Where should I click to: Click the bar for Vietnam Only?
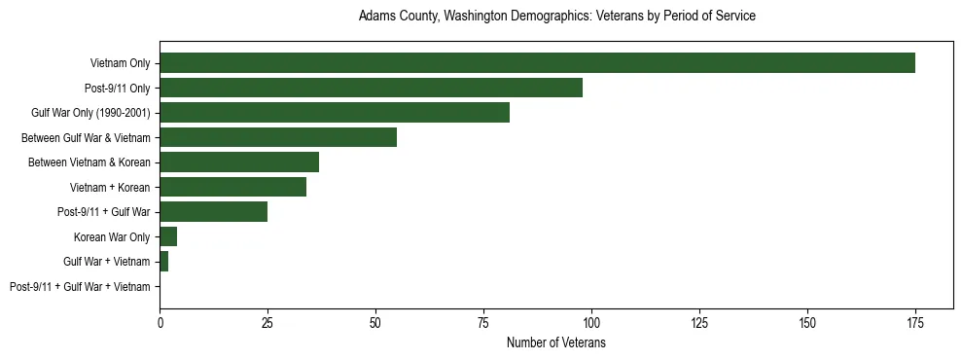[x=537, y=63]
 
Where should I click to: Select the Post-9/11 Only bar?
[x=371, y=88]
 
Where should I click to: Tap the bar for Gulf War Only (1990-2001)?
[x=335, y=113]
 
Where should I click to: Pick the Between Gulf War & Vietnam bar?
[x=278, y=137]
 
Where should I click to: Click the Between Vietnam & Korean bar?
[x=239, y=162]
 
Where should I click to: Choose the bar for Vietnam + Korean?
[x=232, y=187]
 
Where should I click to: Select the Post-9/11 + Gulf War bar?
[x=213, y=212]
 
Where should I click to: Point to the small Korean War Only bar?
[x=168, y=236]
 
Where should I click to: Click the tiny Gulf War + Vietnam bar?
[x=164, y=262]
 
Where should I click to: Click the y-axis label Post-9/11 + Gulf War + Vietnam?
[x=80, y=287]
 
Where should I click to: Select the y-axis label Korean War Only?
[x=112, y=237]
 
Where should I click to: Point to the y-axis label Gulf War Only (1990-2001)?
[x=90, y=113]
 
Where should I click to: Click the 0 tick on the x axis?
[x=160, y=322]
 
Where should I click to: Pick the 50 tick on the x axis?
[x=375, y=322]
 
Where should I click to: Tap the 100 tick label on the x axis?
[x=591, y=322]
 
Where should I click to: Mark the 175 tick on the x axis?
[x=914, y=322]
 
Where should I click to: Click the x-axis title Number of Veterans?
[x=556, y=342]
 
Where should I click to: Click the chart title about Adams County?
[x=556, y=17]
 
